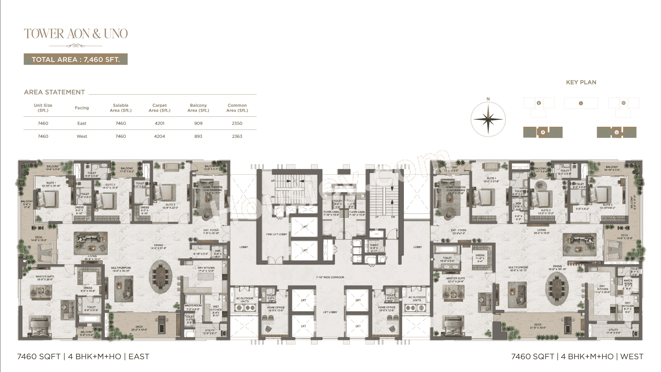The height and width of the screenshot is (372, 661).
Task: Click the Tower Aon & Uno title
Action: click(76, 34)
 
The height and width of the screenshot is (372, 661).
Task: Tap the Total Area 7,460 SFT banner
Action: click(76, 59)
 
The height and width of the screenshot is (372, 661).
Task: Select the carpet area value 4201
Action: click(159, 123)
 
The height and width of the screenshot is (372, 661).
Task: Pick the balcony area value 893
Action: click(198, 136)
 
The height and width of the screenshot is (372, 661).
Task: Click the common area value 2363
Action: click(237, 136)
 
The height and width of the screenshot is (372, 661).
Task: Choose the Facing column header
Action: click(82, 108)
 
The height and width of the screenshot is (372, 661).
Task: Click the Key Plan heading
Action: click(581, 82)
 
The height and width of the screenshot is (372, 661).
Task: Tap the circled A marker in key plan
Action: click(543, 132)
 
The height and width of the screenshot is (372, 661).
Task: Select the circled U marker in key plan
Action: click(617, 132)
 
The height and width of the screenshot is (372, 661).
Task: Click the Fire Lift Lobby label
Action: click(277, 234)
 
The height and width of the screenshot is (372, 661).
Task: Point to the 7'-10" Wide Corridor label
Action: click(330, 277)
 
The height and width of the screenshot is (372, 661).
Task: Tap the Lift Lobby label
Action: click(330, 312)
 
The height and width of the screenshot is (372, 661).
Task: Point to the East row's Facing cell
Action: click(82, 123)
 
